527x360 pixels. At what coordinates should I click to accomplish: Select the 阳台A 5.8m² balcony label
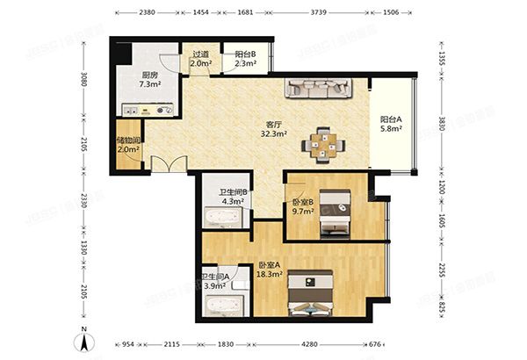391,124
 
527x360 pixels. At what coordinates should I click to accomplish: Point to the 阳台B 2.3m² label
245,59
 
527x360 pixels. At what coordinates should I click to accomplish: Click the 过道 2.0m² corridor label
201,59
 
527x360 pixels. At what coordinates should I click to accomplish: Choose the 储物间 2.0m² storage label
128,144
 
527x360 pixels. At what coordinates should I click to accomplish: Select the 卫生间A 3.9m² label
214,281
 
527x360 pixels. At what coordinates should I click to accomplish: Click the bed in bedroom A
313,293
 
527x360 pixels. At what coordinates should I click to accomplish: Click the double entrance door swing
168,164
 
